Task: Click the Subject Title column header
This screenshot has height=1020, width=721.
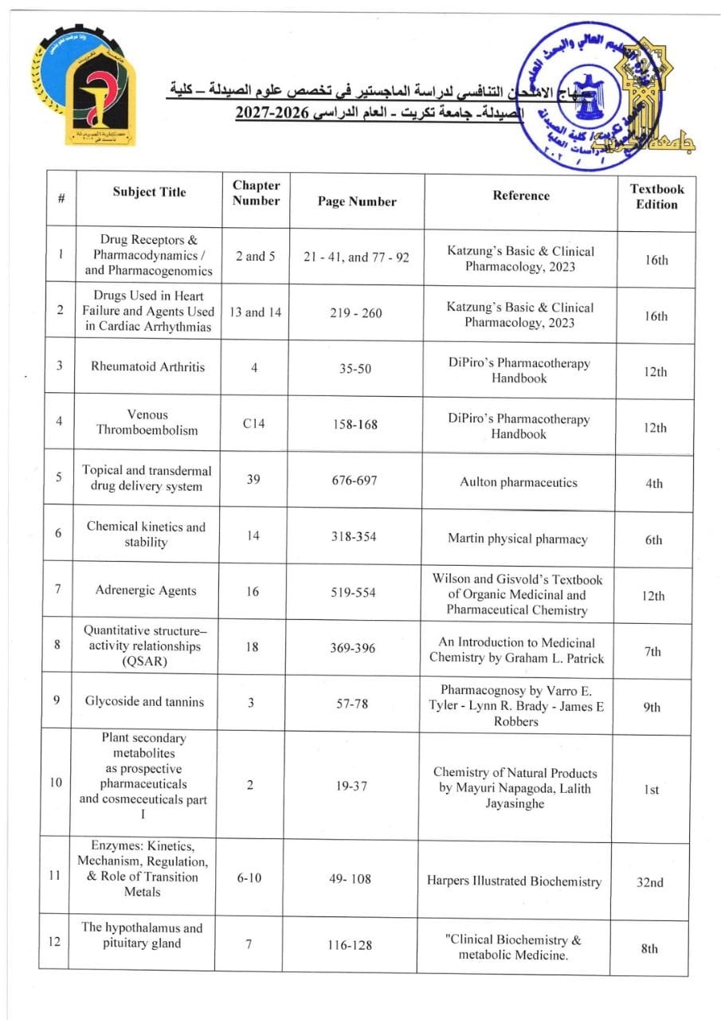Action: pyautogui.click(x=149, y=192)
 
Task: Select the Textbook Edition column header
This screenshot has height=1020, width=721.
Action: pyautogui.click(x=656, y=196)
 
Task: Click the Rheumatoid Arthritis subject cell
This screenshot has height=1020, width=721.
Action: pyautogui.click(x=149, y=367)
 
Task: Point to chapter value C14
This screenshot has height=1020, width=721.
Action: pyautogui.click(x=254, y=424)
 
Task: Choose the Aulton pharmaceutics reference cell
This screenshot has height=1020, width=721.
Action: pyautogui.click(x=519, y=482)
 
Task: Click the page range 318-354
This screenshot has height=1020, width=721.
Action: pyautogui.click(x=355, y=536)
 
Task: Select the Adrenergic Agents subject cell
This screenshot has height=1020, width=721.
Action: pyautogui.click(x=145, y=590)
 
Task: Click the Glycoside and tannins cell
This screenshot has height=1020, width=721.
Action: pyautogui.click(x=144, y=701)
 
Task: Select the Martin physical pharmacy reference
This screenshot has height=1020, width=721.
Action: pyautogui.click(x=517, y=539)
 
